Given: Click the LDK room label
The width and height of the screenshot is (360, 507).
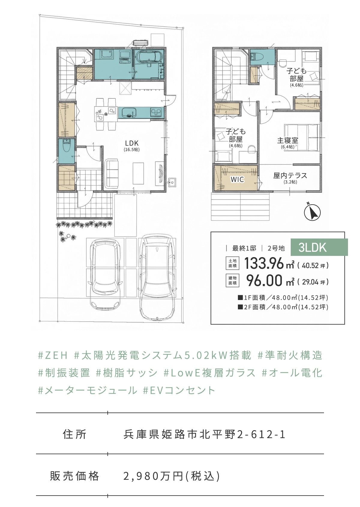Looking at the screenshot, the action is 132,143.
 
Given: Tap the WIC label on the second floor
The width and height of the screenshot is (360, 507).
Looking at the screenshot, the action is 237,179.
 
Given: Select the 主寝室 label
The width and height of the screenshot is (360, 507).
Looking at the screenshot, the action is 288,140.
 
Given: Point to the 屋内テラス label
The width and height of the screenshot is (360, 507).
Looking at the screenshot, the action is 290,175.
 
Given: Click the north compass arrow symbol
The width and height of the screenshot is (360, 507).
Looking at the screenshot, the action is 312,212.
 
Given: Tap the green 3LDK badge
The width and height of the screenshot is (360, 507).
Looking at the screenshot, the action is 319,247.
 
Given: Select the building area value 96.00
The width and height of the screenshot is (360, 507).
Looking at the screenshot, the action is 264,281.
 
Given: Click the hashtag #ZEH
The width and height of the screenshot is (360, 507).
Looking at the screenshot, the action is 52,355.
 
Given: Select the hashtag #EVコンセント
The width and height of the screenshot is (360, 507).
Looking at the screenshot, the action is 179,390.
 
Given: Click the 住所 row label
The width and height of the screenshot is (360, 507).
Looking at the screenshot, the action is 74,434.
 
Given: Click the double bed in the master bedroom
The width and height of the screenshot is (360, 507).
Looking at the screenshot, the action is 302,137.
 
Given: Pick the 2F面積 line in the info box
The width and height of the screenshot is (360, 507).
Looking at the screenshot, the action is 283,307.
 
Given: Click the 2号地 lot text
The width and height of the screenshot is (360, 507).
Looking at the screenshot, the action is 276,248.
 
